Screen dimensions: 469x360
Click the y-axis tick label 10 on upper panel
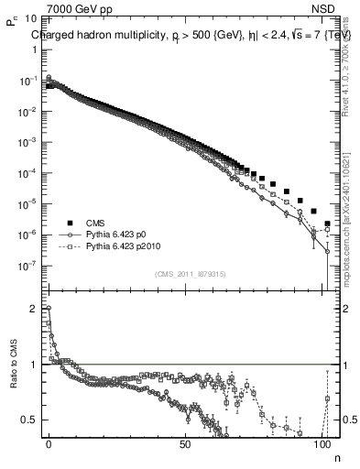pos(31,18)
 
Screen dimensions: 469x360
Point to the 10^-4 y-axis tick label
pos(27,173)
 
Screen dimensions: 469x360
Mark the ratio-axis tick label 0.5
pos(30,420)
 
